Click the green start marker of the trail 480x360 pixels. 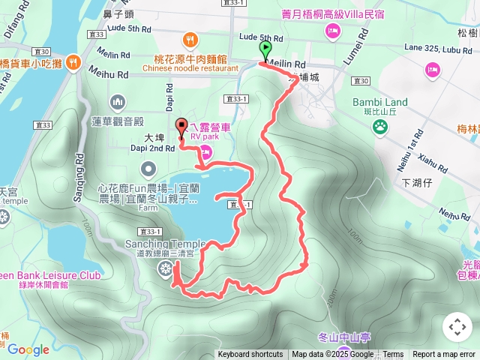[265, 50]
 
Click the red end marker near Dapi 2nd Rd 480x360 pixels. [181, 127]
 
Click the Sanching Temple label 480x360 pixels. [165, 244]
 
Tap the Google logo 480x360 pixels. [28, 349]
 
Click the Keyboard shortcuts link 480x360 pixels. [250, 355]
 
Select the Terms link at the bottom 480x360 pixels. [393, 355]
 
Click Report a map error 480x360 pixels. [444, 355]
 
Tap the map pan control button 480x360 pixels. [457, 327]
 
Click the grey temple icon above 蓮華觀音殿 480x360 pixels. [118, 101]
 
